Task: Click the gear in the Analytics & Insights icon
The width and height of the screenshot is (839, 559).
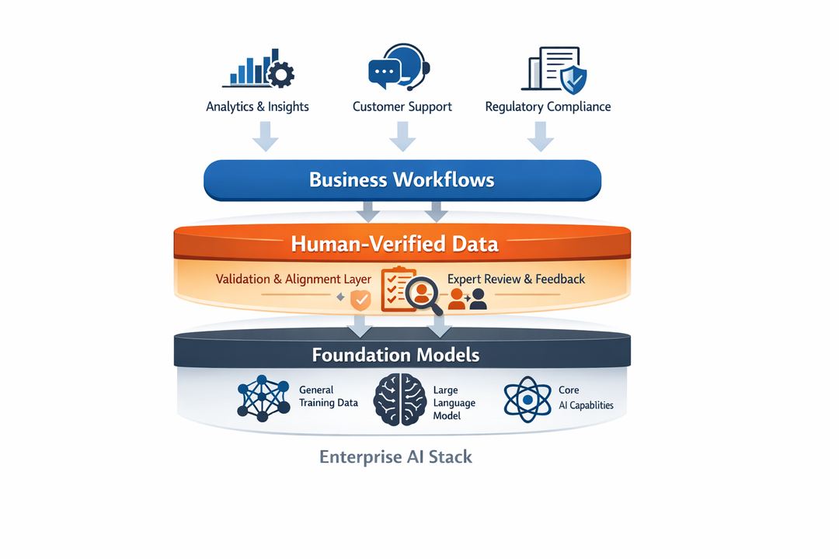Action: pyautogui.click(x=280, y=75)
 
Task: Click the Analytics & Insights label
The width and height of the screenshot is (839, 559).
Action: pyautogui.click(x=257, y=107)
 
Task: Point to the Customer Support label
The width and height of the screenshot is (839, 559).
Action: pyautogui.click(x=402, y=107)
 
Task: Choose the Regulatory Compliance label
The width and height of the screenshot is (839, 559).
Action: pyautogui.click(x=548, y=107)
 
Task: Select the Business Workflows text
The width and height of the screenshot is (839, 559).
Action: pyautogui.click(x=402, y=180)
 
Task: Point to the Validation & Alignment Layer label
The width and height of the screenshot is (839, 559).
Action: pyautogui.click(x=294, y=279)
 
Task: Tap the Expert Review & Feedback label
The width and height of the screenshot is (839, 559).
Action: pyautogui.click(x=516, y=279)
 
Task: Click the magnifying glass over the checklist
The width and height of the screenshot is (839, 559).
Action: pyautogui.click(x=424, y=295)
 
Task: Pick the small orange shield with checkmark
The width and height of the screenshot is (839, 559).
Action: pyautogui.click(x=360, y=299)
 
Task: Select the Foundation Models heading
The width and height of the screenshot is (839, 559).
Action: pyautogui.click(x=395, y=356)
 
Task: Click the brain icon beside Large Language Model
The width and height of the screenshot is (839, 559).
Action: pyautogui.click(x=399, y=399)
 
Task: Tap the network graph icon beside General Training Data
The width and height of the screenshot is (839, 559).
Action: pyautogui.click(x=263, y=399)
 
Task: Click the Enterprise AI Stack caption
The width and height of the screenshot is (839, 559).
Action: pyautogui.click(x=395, y=457)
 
